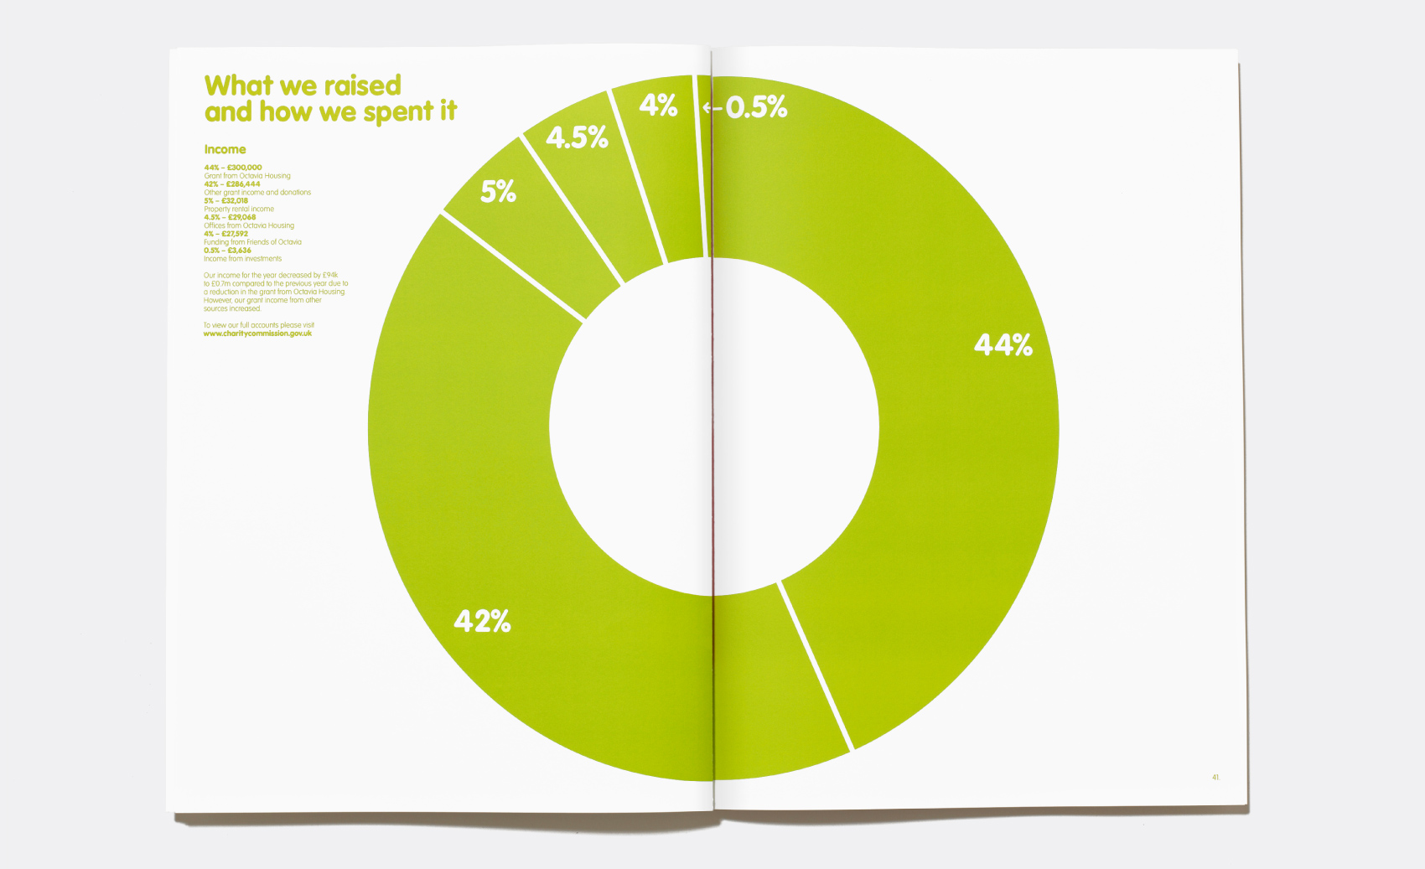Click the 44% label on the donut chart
1003,344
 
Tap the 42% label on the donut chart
482,621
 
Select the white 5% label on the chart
498,192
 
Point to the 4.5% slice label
577,137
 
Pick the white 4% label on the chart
658,106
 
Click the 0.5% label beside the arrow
757,107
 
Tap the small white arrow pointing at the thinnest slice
712,107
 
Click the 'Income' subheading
225,149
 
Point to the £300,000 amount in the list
244,168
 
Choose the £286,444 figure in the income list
243,184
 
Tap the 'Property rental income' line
239,209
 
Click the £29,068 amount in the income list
241,217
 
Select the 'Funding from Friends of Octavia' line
252,242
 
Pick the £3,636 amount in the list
239,251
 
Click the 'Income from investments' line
242,259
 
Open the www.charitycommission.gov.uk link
257,334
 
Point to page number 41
1215,778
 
